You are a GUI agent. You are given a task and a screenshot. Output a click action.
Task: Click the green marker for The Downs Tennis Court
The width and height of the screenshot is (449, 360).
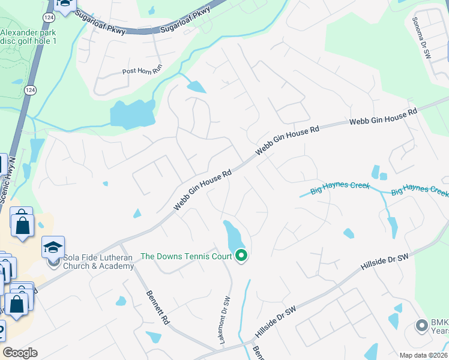tap(241, 256)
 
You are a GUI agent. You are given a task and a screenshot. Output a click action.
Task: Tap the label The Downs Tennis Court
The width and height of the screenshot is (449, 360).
tap(186, 256)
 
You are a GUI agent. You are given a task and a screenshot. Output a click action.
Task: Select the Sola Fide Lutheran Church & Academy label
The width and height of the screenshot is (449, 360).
tap(98, 262)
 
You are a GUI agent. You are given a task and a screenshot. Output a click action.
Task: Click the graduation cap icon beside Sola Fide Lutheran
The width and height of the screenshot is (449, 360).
tap(53, 247)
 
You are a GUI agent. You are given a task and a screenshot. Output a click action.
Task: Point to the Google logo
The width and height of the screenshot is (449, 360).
tap(20, 353)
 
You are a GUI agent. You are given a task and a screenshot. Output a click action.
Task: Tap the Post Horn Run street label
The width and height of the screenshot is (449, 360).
tap(142, 71)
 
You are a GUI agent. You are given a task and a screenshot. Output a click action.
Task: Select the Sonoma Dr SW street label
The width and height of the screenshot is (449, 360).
tap(421, 37)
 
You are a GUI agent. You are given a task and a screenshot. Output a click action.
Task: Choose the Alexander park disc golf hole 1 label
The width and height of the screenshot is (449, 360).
tap(28, 37)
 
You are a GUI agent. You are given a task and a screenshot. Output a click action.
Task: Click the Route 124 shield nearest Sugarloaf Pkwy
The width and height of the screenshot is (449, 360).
tap(47, 19)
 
